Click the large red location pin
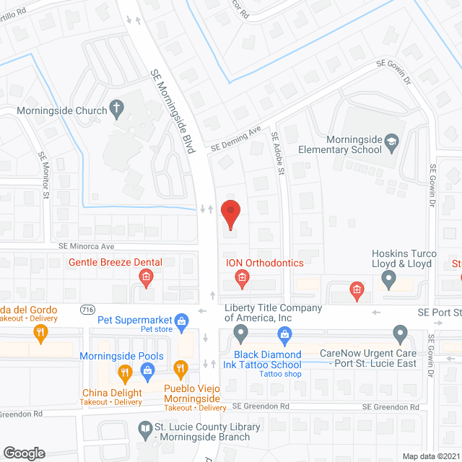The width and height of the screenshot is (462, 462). tap(230, 214)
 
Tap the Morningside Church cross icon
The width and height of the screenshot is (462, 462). tap(115, 110)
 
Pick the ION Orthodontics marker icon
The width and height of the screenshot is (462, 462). tap(243, 277)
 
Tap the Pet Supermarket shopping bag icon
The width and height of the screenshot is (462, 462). tap(181, 320)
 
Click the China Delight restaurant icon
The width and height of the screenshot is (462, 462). tap(124, 372)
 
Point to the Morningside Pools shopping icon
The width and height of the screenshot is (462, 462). tap(149, 372)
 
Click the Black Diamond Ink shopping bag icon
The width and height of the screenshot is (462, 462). tap(284, 334)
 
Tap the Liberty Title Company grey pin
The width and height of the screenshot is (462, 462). tap(240, 334)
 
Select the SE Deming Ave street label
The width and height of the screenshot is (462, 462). tap(235, 139)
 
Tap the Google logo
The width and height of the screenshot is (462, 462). tap(24, 453)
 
